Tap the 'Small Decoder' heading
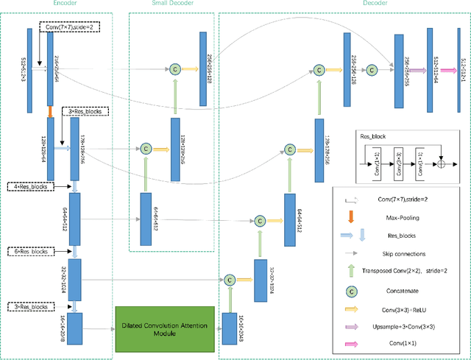pos(173,4)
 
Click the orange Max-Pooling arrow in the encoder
pos(50,112)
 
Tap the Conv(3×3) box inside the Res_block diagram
pos(398,160)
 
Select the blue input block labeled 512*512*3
pos(29,70)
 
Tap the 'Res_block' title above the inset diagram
pos(373,136)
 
